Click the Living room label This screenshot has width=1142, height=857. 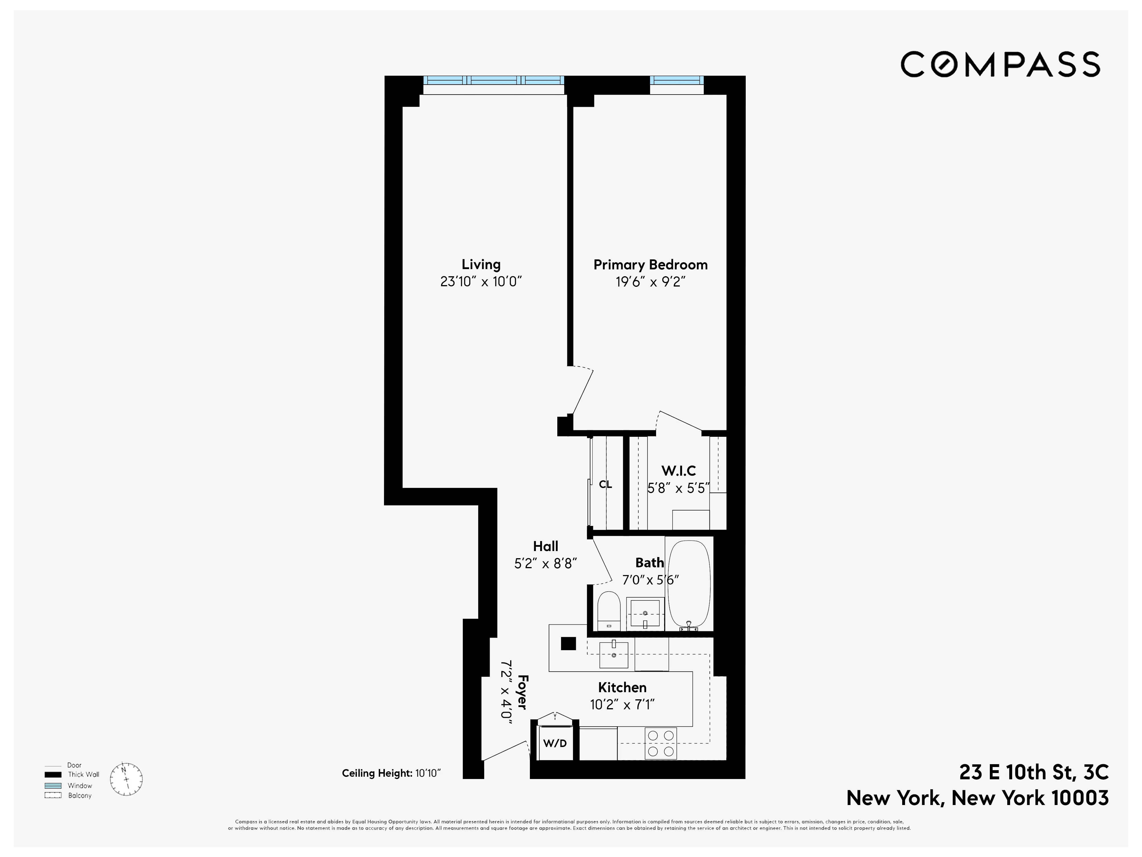click(x=481, y=265)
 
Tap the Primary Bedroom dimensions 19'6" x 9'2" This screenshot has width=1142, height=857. click(x=650, y=282)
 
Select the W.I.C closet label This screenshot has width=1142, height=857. click(x=678, y=470)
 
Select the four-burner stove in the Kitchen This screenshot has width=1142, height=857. click(x=660, y=743)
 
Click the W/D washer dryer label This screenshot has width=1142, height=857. click(x=555, y=743)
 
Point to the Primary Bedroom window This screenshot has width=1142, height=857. click(x=676, y=80)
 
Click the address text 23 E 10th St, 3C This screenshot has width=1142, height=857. click(x=1034, y=772)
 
